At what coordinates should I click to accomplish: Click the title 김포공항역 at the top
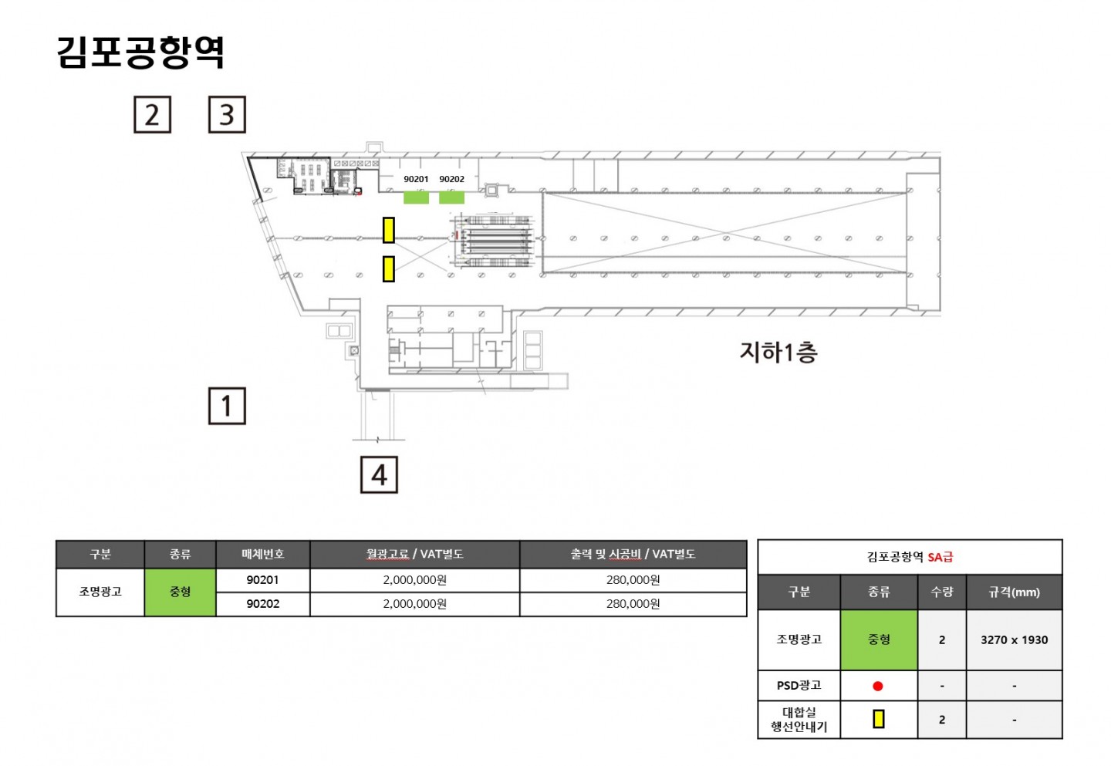[x=141, y=52]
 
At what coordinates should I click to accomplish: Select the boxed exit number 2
[x=152, y=114]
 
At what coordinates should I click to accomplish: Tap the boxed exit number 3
[x=227, y=114]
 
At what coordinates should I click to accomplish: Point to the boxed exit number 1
[x=227, y=406]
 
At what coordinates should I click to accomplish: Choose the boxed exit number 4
[x=379, y=475]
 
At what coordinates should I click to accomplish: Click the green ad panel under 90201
[x=416, y=197]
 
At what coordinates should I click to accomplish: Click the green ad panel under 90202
[x=451, y=197]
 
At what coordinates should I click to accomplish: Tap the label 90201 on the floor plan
[x=416, y=179]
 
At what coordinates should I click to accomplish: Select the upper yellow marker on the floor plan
[x=389, y=230]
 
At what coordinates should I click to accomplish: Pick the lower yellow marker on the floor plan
[x=389, y=269]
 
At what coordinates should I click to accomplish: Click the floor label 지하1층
[x=778, y=353]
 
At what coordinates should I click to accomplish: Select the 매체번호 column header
[x=263, y=554]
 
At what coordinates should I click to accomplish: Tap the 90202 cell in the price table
[x=263, y=604]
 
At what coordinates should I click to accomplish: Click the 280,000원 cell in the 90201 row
[x=633, y=579]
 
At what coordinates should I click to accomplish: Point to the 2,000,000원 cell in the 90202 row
[x=414, y=604]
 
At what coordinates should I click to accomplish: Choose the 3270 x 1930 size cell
[x=1015, y=639]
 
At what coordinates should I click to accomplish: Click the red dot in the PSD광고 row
[x=878, y=687]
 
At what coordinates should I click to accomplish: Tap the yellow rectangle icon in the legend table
[x=878, y=719]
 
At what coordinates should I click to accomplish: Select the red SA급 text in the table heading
[x=940, y=557]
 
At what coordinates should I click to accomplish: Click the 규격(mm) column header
[x=1015, y=592]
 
